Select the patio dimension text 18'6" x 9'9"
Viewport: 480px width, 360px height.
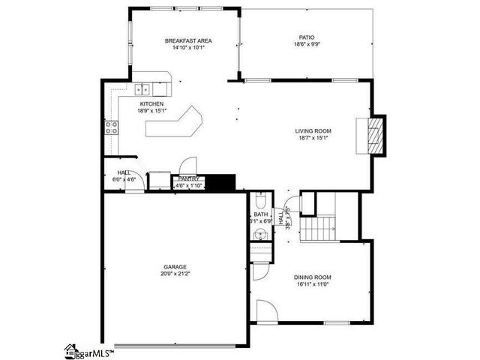click(307, 43)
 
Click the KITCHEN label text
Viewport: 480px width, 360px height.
click(151, 103)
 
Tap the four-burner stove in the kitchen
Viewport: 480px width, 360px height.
click(111, 127)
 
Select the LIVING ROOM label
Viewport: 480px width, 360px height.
click(313, 131)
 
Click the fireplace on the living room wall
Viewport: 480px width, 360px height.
click(377, 136)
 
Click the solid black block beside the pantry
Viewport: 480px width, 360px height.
click(220, 182)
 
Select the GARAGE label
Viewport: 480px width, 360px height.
click(175, 267)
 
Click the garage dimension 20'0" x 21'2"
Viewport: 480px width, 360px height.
click(175, 274)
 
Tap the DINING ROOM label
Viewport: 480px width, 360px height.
click(312, 277)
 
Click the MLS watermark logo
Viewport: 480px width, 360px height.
click(89, 350)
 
